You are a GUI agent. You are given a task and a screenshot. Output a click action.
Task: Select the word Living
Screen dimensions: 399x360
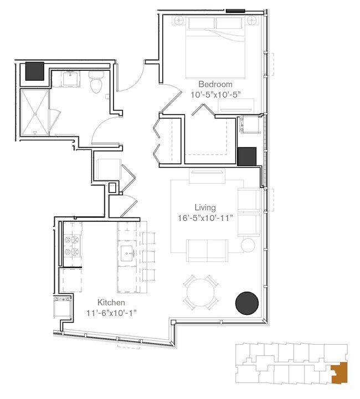click(205, 208)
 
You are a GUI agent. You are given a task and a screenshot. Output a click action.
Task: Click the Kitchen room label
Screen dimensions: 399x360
click(111, 303)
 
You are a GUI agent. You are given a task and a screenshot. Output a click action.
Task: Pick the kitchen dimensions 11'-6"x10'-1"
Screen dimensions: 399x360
click(111, 313)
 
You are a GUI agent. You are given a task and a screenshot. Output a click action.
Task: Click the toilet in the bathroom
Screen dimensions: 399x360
click(96, 84)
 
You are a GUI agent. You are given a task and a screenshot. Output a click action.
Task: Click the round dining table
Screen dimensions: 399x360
click(201, 293)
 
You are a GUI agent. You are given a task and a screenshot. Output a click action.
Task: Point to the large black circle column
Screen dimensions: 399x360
click(247, 303)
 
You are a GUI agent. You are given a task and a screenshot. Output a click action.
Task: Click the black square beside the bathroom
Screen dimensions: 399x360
click(34, 71)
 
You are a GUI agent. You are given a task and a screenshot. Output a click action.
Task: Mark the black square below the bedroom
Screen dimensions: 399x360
click(246, 157)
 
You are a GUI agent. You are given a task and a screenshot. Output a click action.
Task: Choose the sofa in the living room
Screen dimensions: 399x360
click(207, 250)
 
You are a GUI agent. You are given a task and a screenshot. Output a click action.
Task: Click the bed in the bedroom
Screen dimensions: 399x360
click(215, 47)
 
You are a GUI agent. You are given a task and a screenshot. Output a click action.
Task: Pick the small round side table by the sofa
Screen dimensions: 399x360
click(248, 245)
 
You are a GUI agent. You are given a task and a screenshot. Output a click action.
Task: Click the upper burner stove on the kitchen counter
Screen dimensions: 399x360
click(72, 240)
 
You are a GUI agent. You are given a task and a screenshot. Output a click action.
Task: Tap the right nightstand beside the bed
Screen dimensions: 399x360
click(253, 21)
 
